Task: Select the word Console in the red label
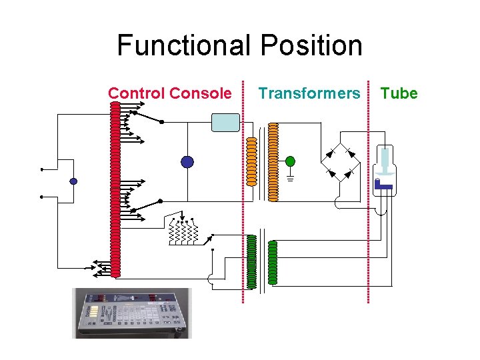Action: (x=200, y=93)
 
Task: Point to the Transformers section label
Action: (x=309, y=93)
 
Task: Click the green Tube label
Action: (x=399, y=93)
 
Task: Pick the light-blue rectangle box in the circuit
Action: (x=225, y=123)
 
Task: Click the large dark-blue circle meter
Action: (x=187, y=161)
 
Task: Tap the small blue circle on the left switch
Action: (x=73, y=181)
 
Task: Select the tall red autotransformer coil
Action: (x=115, y=190)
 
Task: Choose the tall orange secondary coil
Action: (x=273, y=161)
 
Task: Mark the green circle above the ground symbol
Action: (x=290, y=161)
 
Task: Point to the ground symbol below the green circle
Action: (x=290, y=178)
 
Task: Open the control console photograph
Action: (x=131, y=313)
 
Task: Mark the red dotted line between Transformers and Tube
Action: (x=369, y=200)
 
